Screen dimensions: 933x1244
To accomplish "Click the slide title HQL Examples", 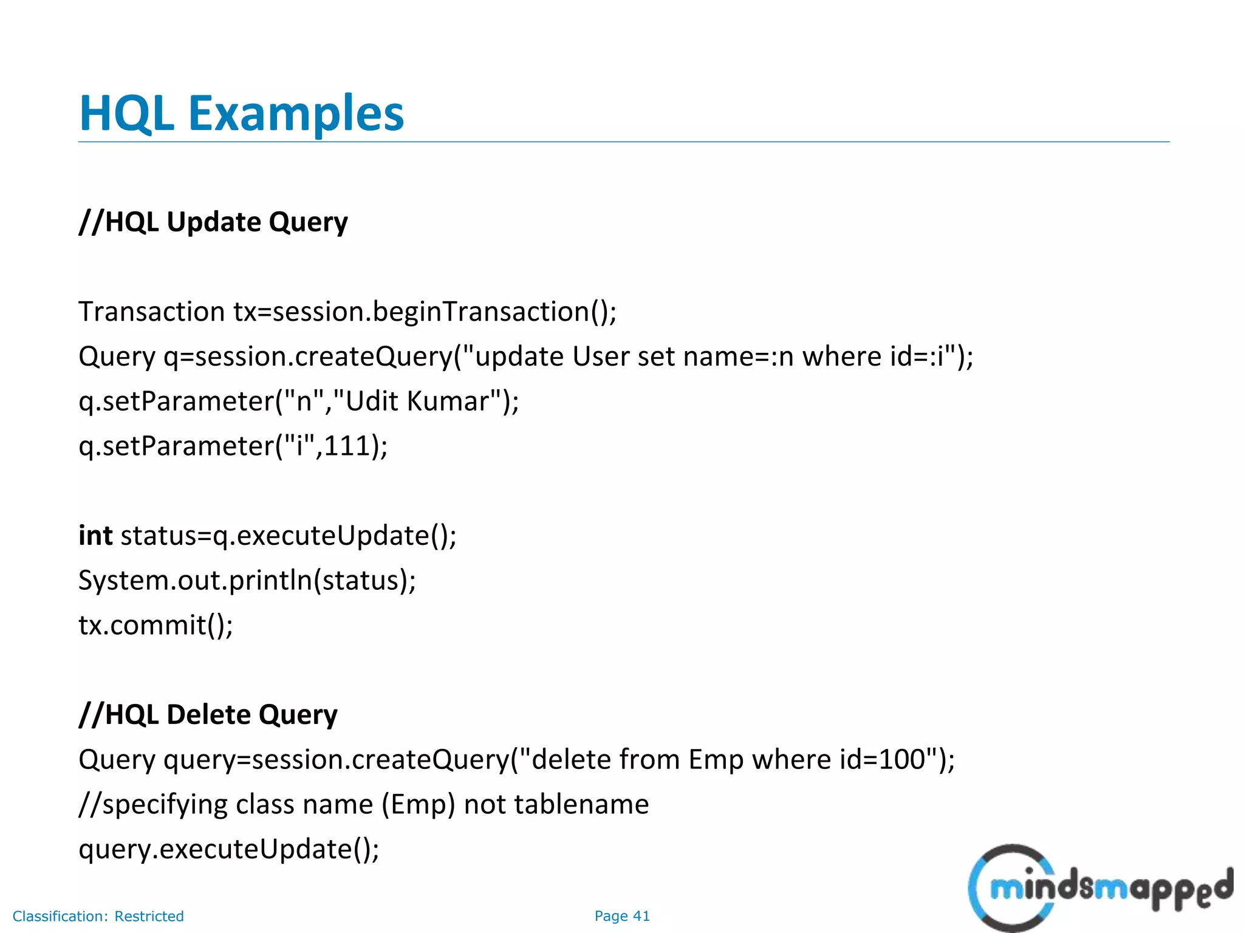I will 241,114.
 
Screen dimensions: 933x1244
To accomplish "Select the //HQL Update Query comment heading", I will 213,222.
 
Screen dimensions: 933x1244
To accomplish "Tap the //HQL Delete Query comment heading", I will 208,715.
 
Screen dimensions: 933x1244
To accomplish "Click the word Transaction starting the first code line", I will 152,312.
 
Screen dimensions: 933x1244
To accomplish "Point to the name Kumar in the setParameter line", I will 448,402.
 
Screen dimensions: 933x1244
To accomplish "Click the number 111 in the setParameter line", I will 347,446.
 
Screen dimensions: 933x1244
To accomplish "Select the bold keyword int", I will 95,536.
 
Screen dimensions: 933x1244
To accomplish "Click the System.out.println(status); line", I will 247,581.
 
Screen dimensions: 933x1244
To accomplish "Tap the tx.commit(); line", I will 155,626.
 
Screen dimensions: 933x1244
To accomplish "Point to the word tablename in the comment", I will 581,805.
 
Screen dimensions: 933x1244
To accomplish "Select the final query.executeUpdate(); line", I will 228,849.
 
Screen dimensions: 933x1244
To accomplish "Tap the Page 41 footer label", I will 622,916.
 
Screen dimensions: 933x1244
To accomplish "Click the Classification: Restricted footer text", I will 98,916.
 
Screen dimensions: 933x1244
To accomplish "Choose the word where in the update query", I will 841,357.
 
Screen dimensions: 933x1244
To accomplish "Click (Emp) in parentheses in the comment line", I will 419,805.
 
